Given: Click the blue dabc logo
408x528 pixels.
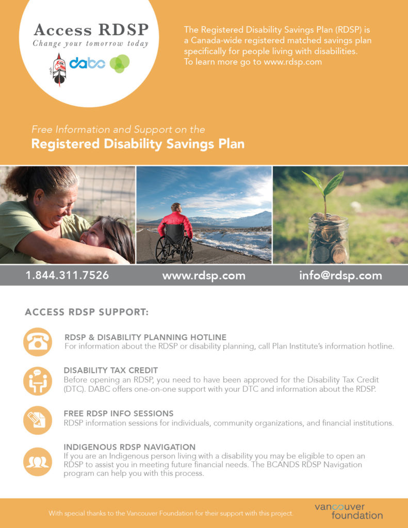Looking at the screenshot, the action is (x=87, y=63).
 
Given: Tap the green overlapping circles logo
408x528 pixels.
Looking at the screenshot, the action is (x=120, y=63).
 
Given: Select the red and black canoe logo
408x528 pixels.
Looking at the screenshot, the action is (x=59, y=70).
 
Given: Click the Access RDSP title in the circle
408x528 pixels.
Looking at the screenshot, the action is (x=91, y=29).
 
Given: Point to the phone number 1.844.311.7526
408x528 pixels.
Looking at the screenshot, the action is (x=68, y=275).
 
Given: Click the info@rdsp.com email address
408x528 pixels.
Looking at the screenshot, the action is (x=340, y=275).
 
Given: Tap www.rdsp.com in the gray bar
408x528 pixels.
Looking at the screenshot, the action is (x=204, y=276).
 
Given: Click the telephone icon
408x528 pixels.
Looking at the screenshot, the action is (x=38, y=342).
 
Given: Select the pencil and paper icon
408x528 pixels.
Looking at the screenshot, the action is (x=38, y=420).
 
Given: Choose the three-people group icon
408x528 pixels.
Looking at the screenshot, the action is (x=38, y=461).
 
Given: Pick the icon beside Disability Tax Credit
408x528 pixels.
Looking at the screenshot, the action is (x=38, y=381).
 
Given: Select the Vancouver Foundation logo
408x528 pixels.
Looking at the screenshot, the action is (x=349, y=511).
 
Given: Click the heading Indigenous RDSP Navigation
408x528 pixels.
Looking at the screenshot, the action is (x=129, y=447).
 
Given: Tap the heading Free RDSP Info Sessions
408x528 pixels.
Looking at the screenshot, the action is (x=119, y=413).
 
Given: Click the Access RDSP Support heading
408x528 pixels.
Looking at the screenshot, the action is (x=87, y=312).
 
